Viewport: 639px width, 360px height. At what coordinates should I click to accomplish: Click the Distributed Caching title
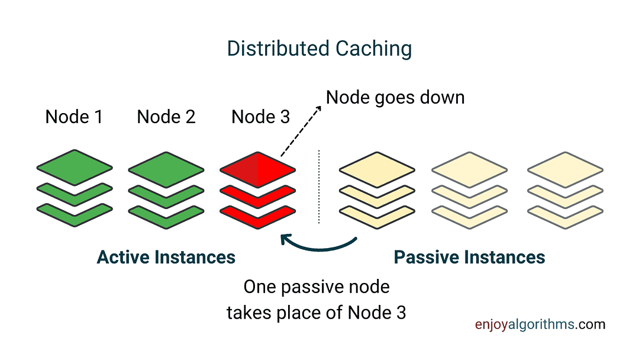point(319,49)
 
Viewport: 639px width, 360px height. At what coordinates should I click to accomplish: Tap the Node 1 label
point(74,117)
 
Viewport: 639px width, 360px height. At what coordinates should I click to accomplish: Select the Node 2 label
point(166,117)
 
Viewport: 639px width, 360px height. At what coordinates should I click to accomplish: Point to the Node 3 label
point(261,117)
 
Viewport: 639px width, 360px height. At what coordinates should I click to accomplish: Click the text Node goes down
point(395,97)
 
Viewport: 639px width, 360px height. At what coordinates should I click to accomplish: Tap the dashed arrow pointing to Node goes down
point(300,132)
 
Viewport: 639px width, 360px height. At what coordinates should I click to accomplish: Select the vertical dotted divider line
point(319,187)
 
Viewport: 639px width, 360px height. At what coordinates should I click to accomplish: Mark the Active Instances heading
point(166,258)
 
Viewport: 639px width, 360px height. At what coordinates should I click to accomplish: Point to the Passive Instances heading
point(469,258)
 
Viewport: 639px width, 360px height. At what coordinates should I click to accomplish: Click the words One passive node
point(317,288)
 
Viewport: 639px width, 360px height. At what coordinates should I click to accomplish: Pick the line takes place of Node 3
point(317,312)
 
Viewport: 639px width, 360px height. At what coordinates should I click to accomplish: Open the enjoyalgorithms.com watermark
point(540,324)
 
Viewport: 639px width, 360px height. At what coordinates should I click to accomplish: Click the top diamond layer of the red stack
point(257,169)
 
